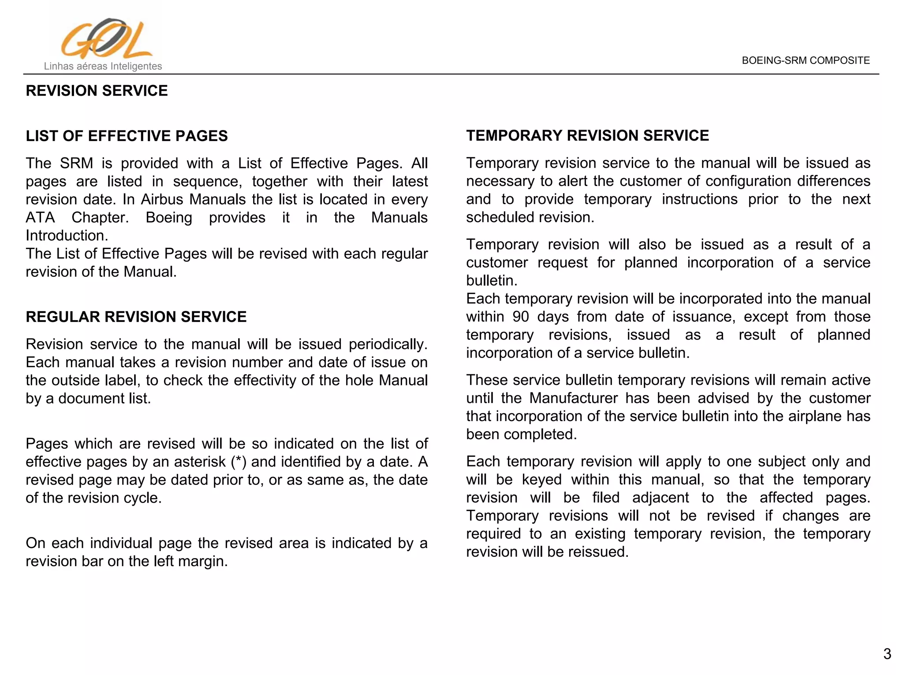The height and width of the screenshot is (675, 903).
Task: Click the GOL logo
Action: (106, 39)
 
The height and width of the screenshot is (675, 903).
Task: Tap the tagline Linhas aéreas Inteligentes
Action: (103, 67)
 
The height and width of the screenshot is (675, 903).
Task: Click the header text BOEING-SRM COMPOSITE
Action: (806, 61)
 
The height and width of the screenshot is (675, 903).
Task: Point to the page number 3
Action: (887, 654)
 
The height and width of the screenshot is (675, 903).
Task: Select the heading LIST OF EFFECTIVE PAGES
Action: (127, 136)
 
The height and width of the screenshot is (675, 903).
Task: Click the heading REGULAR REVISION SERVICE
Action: (136, 317)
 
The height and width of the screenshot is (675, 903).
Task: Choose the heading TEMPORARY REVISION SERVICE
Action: (587, 135)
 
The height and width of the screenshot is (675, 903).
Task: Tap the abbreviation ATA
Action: (40, 218)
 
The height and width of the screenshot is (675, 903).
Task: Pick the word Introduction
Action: (67, 236)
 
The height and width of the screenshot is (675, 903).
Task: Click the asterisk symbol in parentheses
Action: (239, 462)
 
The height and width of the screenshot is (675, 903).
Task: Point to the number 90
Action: (521, 317)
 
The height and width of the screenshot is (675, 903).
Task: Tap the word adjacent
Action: (660, 498)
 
